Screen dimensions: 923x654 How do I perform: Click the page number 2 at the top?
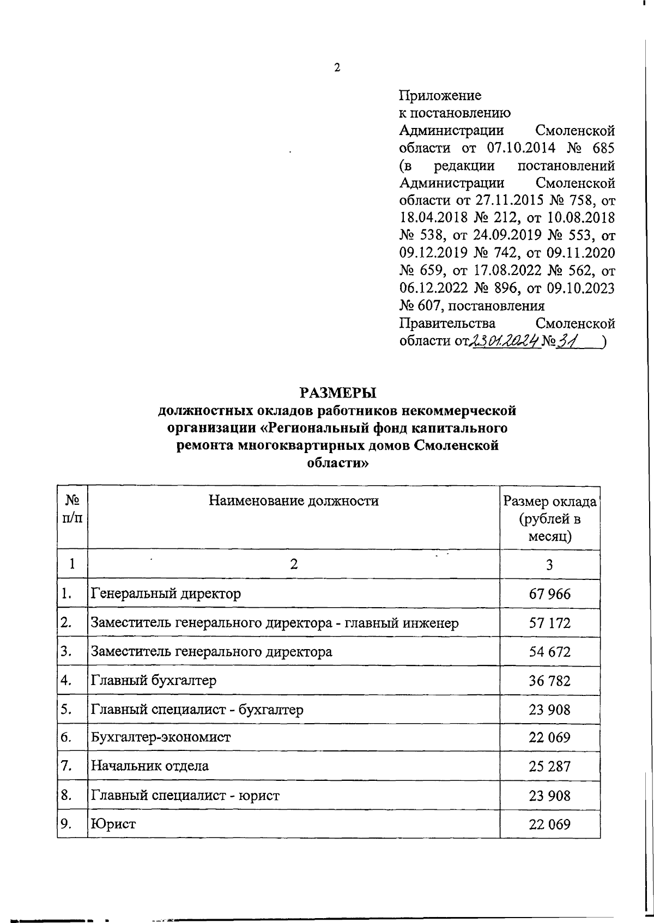click(x=337, y=68)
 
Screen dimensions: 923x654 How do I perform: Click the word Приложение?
click(x=440, y=96)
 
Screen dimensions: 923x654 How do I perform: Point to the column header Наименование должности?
click(x=294, y=500)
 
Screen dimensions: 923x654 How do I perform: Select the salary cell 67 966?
click(x=550, y=594)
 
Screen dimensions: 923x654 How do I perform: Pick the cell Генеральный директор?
click(x=166, y=593)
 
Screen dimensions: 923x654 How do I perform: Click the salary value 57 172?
click(x=550, y=622)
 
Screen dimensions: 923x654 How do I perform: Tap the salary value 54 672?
click(x=550, y=651)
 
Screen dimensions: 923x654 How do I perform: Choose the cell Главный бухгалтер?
click(x=154, y=680)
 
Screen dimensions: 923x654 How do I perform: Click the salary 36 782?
click(x=550, y=680)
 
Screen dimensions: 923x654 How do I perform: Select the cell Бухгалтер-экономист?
click(x=161, y=737)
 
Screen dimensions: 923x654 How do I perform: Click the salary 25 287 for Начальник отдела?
click(x=550, y=766)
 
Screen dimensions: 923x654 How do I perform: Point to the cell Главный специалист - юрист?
click(x=185, y=796)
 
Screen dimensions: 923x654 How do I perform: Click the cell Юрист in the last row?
click(x=113, y=824)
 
